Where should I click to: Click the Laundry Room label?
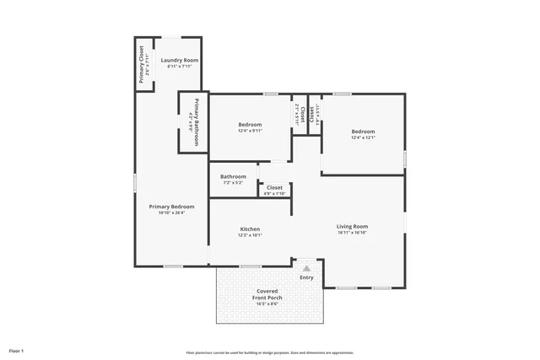(179, 61)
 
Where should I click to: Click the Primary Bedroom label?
(171, 207)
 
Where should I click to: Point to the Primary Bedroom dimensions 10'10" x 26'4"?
(171, 213)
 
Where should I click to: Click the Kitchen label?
(250, 229)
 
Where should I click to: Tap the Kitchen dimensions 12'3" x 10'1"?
(250, 236)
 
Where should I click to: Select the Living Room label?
(353, 226)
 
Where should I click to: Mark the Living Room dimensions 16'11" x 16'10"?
(353, 233)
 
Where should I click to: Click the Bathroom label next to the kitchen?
(233, 176)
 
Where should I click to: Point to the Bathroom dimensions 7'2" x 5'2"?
(233, 183)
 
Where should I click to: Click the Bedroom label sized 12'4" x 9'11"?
(251, 125)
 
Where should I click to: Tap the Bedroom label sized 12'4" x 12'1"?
(363, 132)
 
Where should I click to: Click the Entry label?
(306, 277)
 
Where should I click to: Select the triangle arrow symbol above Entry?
(306, 267)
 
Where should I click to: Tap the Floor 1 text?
(16, 350)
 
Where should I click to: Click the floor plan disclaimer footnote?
(270, 352)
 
